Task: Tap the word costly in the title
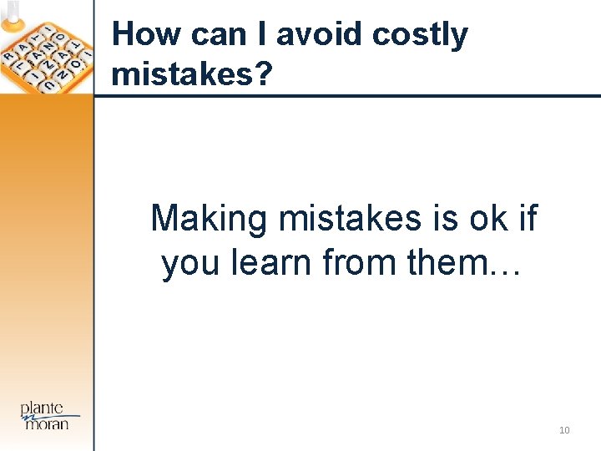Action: [420, 36]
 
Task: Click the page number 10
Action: [564, 430]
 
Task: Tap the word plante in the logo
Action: [42, 408]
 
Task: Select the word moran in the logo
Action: [48, 423]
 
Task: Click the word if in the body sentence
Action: [528, 219]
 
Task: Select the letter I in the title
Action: [262, 34]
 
